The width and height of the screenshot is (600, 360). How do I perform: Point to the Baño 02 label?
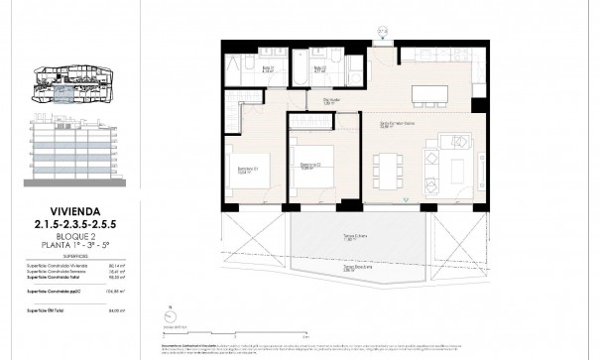click(319, 69)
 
